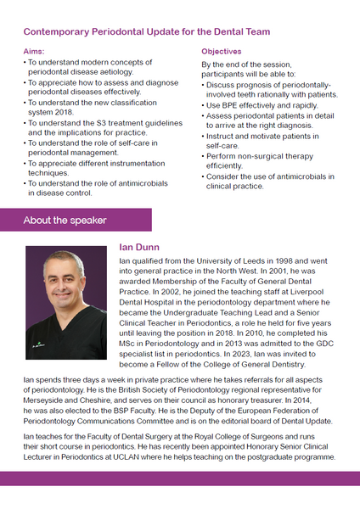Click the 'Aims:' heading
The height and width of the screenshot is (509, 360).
(x=36, y=52)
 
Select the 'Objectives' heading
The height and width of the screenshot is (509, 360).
(x=221, y=52)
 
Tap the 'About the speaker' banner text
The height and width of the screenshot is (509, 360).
(x=65, y=221)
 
